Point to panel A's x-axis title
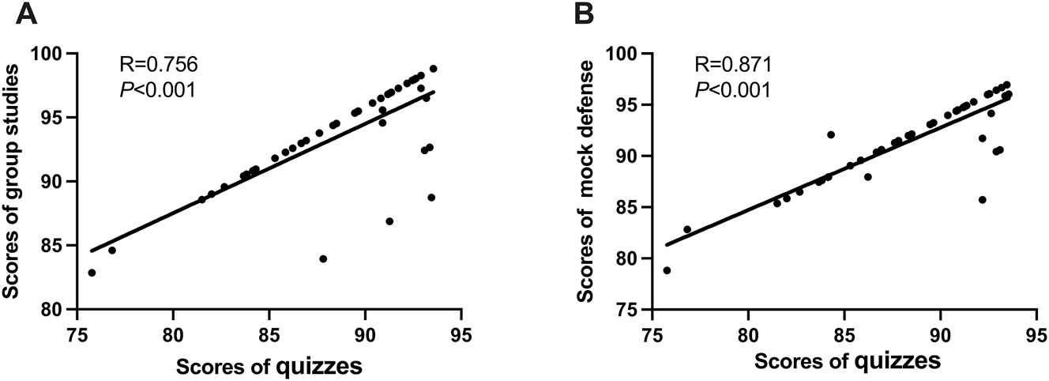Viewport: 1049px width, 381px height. [x=269, y=366]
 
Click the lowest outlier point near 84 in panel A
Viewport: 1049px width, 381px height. [x=323, y=258]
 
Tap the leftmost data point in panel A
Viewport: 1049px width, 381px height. [x=92, y=273]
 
